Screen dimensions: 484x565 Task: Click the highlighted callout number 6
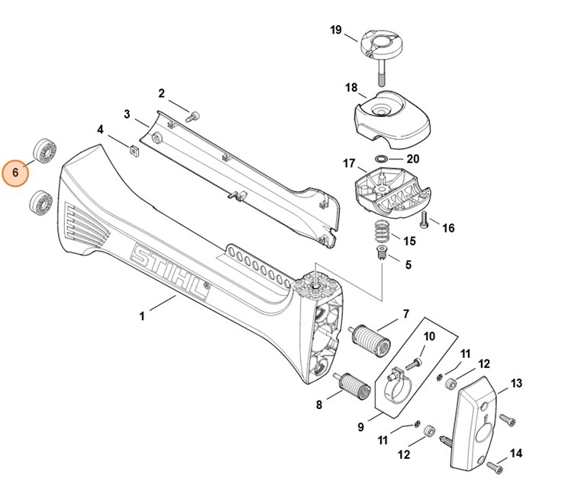point(15,173)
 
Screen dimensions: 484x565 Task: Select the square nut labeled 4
point(133,149)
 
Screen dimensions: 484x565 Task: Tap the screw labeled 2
point(192,115)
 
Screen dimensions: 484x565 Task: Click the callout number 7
point(405,313)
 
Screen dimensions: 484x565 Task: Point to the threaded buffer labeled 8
point(352,386)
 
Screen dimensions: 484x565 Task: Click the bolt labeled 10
point(415,360)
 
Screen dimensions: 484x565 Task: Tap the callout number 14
point(517,453)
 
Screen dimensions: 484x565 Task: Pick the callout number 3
point(127,114)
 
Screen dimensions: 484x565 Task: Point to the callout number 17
point(349,163)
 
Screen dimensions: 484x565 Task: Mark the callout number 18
point(350,88)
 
